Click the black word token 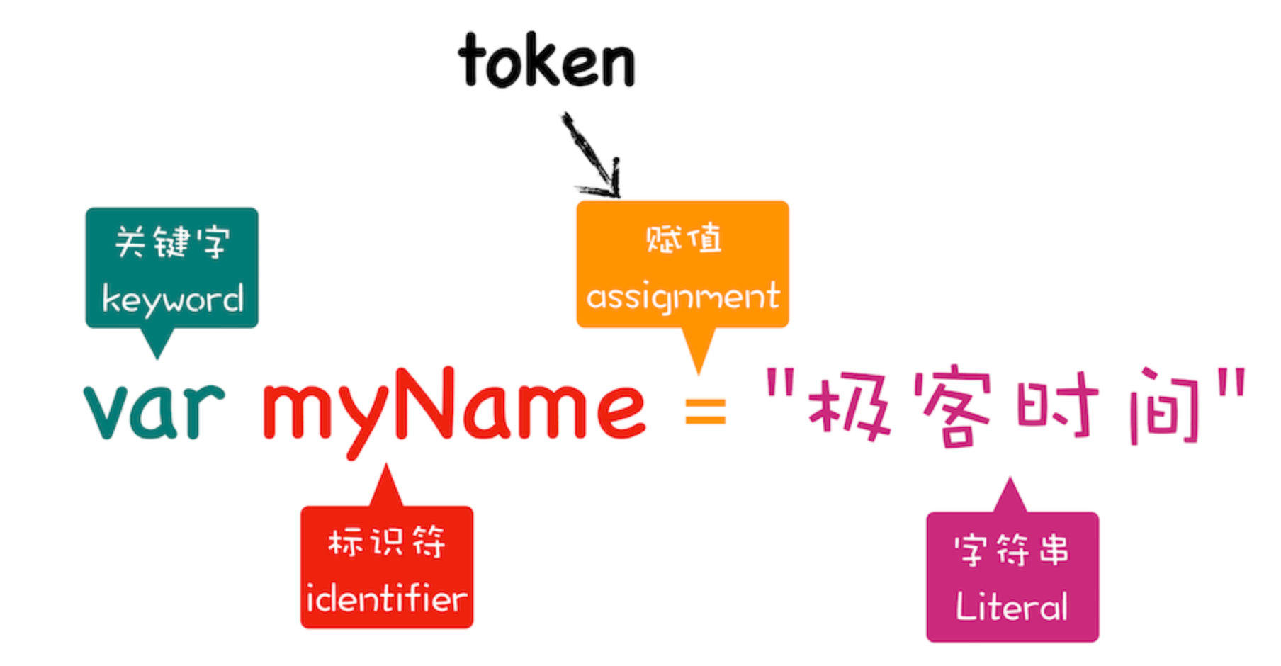click(546, 62)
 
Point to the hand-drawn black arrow click(594, 156)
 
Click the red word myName click(453, 407)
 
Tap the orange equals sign click(706, 410)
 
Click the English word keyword click(172, 300)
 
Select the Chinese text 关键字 click(172, 242)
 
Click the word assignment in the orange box click(682, 297)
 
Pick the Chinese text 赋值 click(683, 239)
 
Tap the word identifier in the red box click(387, 599)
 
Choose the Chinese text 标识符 click(387, 543)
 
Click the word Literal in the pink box click(1012, 607)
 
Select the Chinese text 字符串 click(1012, 550)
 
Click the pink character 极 click(848, 407)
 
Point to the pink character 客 click(953, 407)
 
